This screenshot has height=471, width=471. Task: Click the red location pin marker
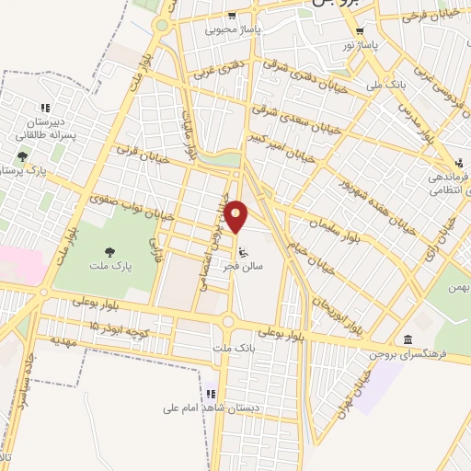tap(237, 216)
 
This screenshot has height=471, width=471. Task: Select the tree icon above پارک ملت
tap(110, 250)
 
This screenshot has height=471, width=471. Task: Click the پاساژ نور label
tap(362, 44)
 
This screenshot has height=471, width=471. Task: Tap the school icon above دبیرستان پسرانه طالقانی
tap(46, 108)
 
